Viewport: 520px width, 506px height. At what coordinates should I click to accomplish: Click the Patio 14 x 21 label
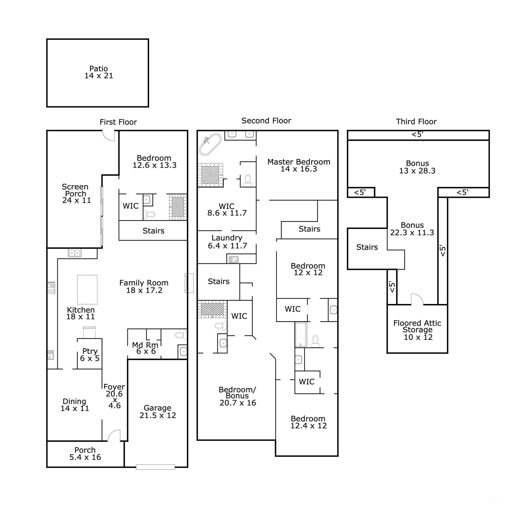click(99, 72)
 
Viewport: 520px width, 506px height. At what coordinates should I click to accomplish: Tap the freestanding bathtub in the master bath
click(210, 144)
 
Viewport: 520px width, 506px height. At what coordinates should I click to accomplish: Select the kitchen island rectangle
click(87, 289)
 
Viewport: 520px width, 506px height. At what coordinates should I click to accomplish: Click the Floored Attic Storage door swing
click(416, 300)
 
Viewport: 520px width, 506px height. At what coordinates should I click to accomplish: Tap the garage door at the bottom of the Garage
click(155, 467)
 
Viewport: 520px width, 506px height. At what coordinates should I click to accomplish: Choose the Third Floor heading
click(416, 121)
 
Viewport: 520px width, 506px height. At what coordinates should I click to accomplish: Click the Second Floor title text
click(266, 121)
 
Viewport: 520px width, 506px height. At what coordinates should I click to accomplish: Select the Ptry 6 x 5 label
click(90, 355)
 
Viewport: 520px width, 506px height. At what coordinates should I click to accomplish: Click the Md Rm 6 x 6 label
click(145, 348)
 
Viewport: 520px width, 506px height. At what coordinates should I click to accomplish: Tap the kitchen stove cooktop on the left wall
click(51, 287)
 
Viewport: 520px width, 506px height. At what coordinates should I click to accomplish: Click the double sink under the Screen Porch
click(75, 253)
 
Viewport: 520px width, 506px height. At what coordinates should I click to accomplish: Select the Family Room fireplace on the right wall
click(189, 283)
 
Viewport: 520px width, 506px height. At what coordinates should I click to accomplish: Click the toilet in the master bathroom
click(248, 180)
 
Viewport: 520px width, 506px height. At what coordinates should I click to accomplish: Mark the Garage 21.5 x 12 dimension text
click(158, 412)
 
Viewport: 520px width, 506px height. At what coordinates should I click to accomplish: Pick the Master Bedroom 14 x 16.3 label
click(299, 165)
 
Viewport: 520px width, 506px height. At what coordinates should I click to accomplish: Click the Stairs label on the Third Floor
click(367, 247)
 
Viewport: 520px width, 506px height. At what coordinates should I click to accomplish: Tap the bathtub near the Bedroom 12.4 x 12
click(301, 334)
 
